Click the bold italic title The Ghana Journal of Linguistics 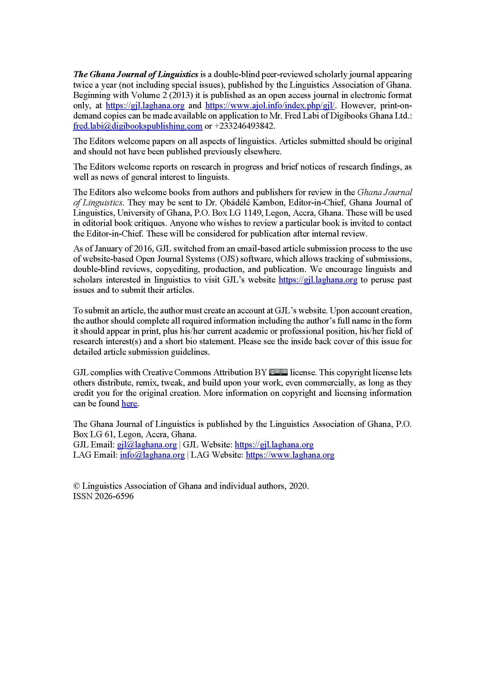135,75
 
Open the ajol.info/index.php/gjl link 270,105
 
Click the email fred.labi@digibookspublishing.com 138,126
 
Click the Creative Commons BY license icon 278,372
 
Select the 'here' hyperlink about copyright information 129,404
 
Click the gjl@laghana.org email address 147,445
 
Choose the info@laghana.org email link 152,455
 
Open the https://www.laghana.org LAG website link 290,455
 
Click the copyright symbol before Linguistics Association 77,486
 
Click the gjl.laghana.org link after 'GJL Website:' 274,445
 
